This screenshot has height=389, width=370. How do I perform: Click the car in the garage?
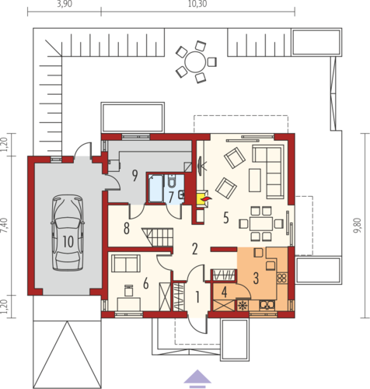[x=68, y=233]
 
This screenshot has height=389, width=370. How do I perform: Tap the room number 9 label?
[x=134, y=176]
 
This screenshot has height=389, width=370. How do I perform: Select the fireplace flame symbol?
[x=208, y=199]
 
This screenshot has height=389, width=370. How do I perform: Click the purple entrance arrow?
[x=197, y=377]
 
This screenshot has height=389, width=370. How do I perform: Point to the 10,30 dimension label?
[x=197, y=4]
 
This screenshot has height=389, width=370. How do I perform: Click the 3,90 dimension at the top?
[x=65, y=4]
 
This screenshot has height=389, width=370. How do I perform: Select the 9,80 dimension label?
[x=357, y=226]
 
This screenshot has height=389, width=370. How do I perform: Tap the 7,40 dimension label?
[x=5, y=226]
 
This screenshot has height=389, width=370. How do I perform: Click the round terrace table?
[x=195, y=62]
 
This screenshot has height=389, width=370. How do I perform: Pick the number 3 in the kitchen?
[x=256, y=279]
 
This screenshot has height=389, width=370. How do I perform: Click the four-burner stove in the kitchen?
[x=281, y=279]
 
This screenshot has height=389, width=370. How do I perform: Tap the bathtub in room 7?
[x=155, y=188]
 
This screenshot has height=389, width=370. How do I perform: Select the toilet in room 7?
[x=172, y=180]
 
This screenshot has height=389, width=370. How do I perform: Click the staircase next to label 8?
[x=158, y=237]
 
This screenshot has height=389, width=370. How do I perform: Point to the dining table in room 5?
[x=261, y=223]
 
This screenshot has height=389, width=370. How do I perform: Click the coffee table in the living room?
[x=255, y=180]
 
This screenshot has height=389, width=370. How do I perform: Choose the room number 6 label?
[x=146, y=283]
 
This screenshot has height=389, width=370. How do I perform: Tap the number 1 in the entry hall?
[x=197, y=297]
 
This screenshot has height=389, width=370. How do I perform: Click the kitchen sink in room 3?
[x=267, y=305]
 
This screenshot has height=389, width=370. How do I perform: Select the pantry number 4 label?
[x=225, y=293]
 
